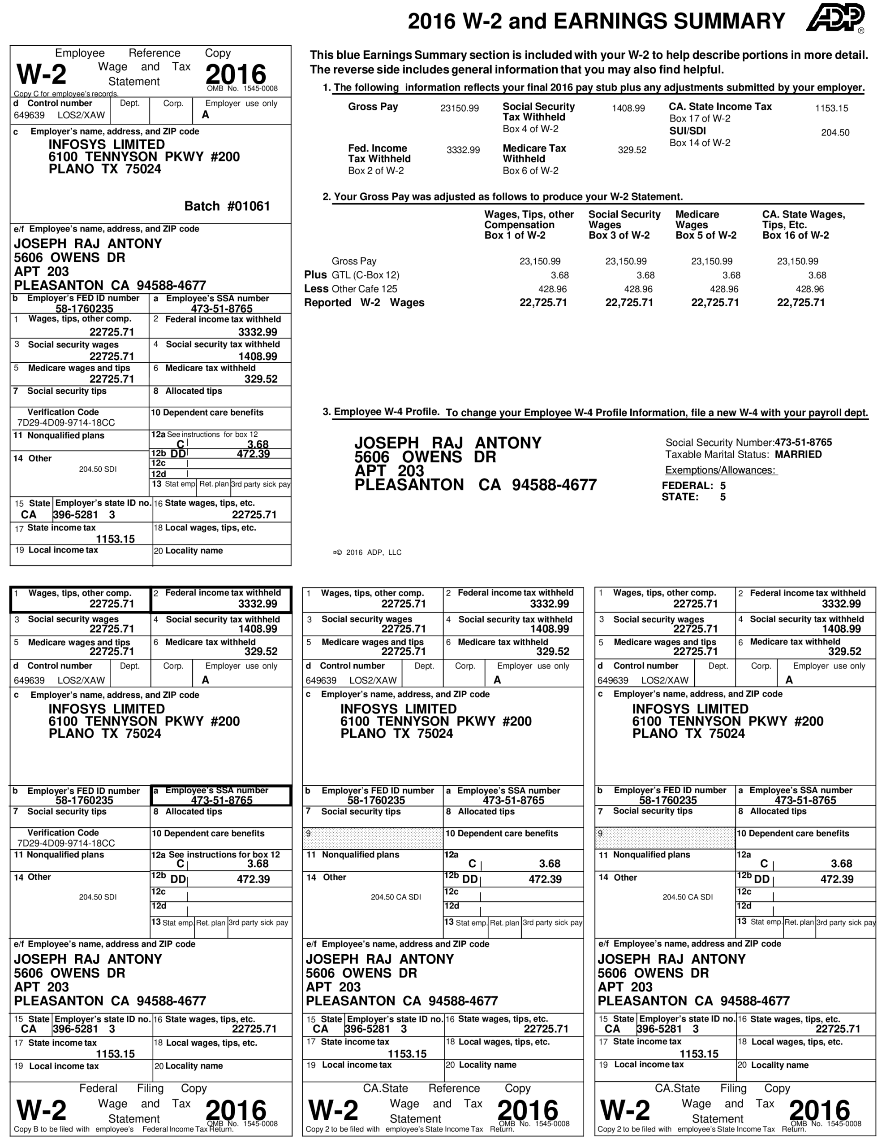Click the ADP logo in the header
click(835, 18)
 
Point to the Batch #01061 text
click(227, 206)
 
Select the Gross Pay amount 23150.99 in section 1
click(459, 108)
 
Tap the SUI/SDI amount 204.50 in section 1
click(835, 132)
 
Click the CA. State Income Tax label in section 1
click(720, 107)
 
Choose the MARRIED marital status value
click(798, 454)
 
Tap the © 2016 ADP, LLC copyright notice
click(368, 552)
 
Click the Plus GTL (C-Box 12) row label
click(352, 275)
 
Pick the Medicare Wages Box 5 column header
click(705, 225)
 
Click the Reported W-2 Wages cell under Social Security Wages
click(628, 303)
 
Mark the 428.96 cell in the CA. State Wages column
click(809, 289)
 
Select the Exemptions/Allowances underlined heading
click(721, 470)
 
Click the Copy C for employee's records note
click(66, 94)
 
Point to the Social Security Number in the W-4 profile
click(748, 443)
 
